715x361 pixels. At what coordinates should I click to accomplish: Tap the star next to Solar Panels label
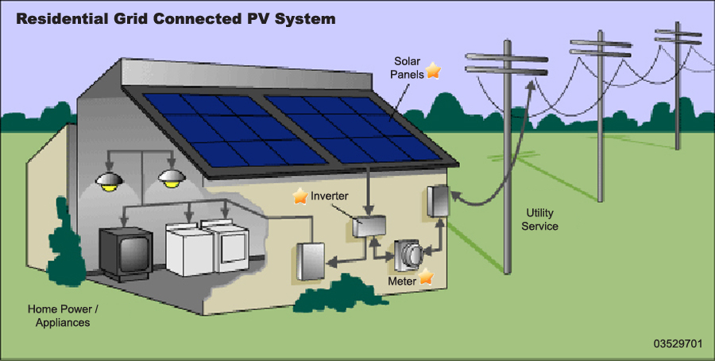pyautogui.click(x=432, y=71)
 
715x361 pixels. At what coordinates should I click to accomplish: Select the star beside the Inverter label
pyautogui.click(x=300, y=196)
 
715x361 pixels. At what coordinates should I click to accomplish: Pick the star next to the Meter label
pyautogui.click(x=426, y=278)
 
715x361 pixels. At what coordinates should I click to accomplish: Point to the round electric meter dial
pyautogui.click(x=412, y=255)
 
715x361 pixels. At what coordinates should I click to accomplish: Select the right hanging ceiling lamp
pyautogui.click(x=169, y=177)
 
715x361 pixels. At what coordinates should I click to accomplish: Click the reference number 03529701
pyautogui.click(x=678, y=344)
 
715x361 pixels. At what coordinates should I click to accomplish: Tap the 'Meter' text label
pyautogui.click(x=402, y=281)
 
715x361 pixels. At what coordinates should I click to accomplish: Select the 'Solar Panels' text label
pyautogui.click(x=405, y=68)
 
